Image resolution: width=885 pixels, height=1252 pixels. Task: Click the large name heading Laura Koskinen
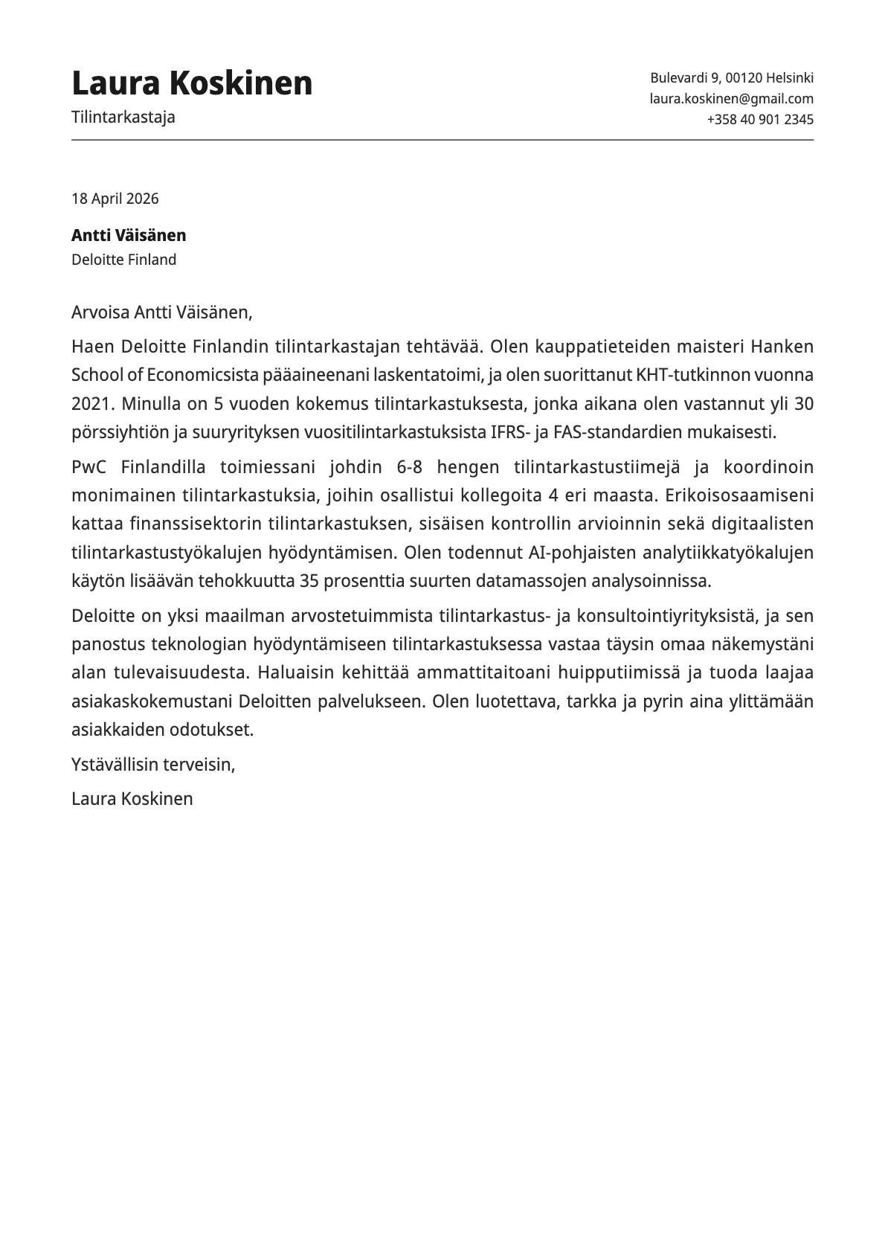[192, 83]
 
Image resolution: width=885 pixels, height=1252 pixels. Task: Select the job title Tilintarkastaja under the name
[123, 117]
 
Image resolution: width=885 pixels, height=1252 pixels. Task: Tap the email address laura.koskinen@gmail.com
[731, 98]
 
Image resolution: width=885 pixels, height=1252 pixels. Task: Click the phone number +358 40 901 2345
[759, 119]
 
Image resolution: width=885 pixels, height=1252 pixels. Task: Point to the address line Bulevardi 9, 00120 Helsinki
[731, 77]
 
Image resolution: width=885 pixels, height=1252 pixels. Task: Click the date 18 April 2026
[115, 199]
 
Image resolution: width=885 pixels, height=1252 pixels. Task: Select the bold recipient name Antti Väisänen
[129, 235]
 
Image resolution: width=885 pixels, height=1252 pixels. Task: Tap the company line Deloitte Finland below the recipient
[123, 260]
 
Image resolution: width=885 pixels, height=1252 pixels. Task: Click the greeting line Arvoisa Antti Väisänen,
[162, 312]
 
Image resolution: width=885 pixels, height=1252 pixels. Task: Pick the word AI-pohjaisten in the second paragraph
[575, 553]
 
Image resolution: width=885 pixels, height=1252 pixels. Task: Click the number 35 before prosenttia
[310, 581]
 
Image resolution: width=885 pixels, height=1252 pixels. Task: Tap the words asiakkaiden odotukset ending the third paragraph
[162, 730]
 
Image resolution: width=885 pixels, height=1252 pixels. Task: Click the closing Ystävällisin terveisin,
[153, 764]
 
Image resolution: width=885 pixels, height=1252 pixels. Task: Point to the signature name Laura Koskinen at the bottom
[132, 799]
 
